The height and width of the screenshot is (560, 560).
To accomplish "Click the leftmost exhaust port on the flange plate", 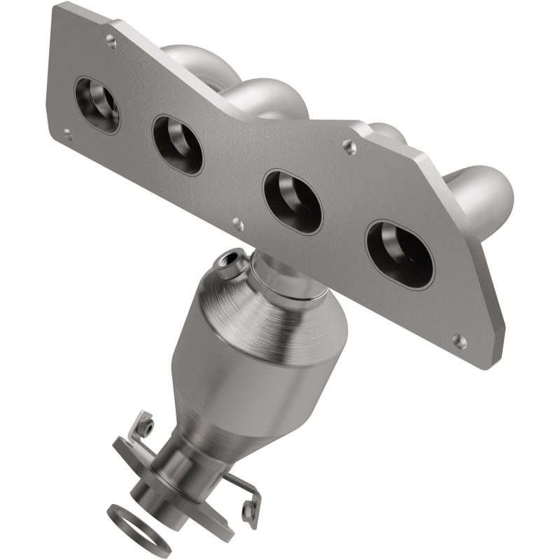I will pos(97,105).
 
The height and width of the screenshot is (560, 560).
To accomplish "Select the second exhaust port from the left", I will pos(178,144).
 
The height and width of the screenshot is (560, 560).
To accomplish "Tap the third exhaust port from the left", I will pos(293,201).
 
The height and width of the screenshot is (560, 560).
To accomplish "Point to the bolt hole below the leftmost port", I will pos(67,134).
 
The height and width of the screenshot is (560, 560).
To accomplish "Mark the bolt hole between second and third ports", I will pos(238,224).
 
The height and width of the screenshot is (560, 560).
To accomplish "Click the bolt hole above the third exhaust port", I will pos(349,146).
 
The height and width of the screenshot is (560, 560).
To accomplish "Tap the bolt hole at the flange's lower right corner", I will pos(458,341).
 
